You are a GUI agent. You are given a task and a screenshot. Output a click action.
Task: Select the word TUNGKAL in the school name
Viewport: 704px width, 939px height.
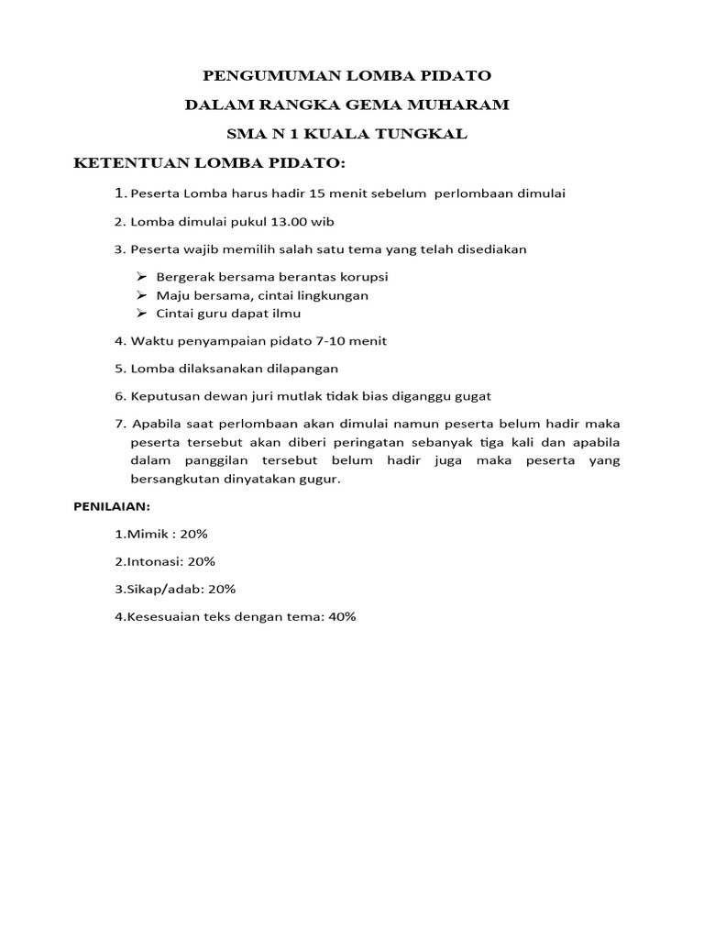(x=422, y=134)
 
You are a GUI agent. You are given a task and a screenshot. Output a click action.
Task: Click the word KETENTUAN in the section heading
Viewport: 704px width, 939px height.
(x=127, y=163)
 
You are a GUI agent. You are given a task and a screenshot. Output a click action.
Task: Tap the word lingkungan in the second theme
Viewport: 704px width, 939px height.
(x=328, y=295)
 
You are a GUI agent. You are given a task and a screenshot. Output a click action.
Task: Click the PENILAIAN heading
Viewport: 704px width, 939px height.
(x=111, y=506)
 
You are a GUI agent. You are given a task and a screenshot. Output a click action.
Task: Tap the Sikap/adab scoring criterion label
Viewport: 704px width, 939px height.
(x=159, y=589)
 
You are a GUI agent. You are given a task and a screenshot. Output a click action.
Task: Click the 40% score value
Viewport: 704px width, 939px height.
(x=341, y=616)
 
